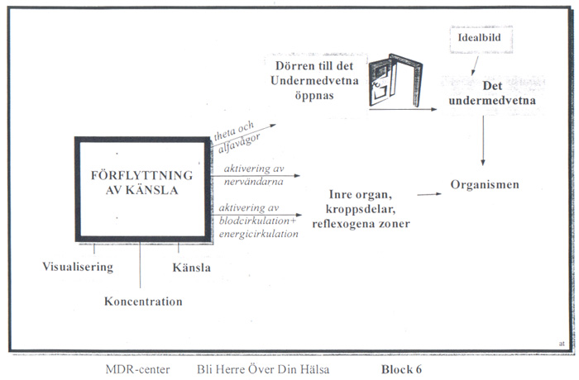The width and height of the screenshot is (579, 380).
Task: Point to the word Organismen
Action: coord(485,183)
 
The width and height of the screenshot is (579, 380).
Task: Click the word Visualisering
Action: coord(77,267)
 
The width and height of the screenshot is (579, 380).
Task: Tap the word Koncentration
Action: coord(143,302)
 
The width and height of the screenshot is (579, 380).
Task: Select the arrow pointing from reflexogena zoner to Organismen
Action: coord(429,194)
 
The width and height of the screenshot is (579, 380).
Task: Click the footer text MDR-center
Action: coord(137,368)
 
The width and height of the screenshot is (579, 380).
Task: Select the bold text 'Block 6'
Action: coord(409,368)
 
